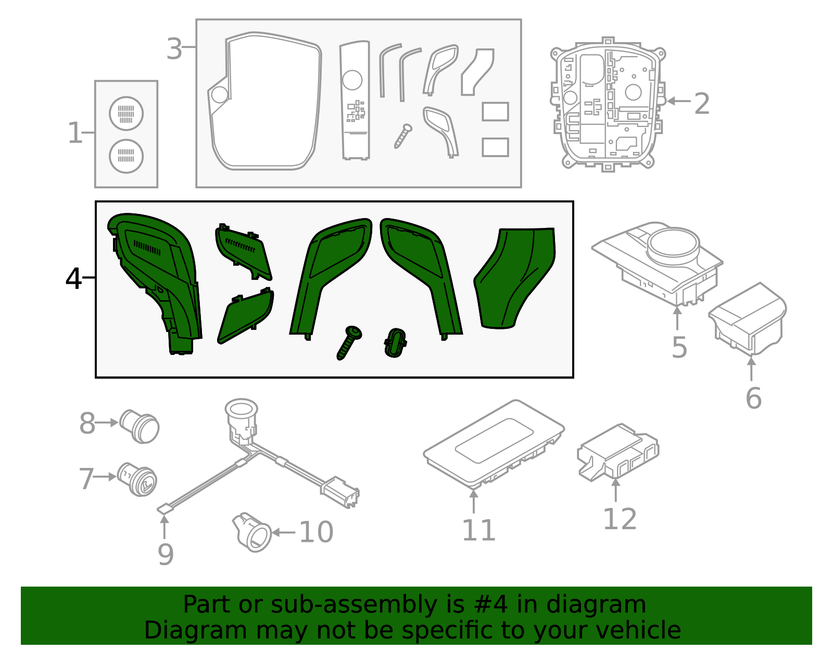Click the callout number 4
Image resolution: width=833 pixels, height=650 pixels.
click(x=73, y=279)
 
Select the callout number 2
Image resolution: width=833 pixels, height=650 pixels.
click(x=702, y=104)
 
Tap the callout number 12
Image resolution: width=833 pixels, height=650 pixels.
click(x=620, y=519)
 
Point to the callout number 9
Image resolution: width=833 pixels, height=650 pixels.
click(x=166, y=555)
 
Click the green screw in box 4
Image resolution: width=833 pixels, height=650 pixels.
click(x=349, y=342)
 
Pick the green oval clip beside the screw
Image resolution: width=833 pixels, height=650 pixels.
click(x=395, y=342)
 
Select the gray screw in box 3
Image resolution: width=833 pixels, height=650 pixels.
click(x=403, y=136)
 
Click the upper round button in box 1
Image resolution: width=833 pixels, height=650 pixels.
click(x=126, y=113)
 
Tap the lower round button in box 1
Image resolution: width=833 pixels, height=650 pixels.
click(x=126, y=156)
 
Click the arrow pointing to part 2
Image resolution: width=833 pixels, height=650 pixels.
click(x=678, y=101)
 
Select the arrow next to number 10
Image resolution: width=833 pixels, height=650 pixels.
click(x=283, y=532)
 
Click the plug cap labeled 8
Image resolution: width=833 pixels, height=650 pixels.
click(x=140, y=427)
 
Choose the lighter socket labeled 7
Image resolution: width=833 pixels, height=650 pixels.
click(x=138, y=479)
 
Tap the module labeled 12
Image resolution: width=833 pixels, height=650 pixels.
click(x=618, y=452)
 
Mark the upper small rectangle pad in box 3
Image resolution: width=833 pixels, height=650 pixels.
click(x=495, y=111)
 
